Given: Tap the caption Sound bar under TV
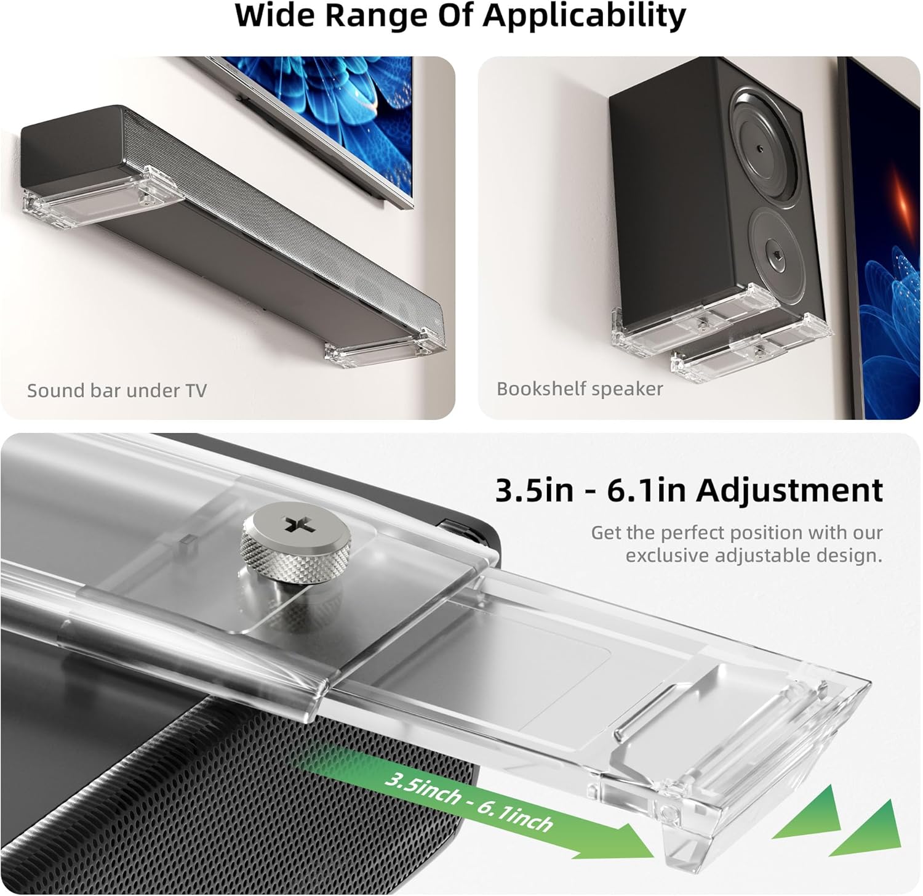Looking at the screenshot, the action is pyautogui.click(x=117, y=390).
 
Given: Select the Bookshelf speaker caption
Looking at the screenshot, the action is pyautogui.click(x=580, y=389).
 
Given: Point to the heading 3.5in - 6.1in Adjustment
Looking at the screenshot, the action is pyautogui.click(x=689, y=490).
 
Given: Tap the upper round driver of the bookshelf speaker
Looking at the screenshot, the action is pyautogui.click(x=764, y=147).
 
